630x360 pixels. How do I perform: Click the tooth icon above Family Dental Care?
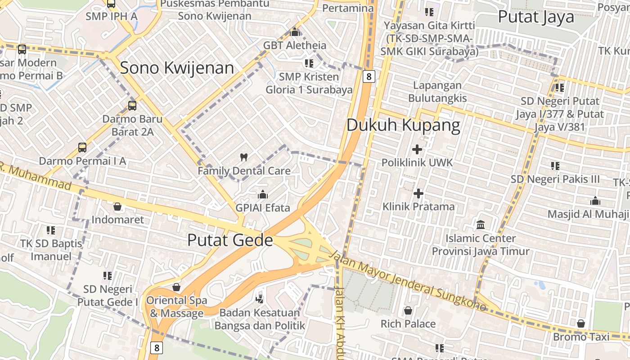pos(244,157)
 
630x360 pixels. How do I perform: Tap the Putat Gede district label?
pos(230,240)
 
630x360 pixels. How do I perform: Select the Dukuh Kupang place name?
pos(403,125)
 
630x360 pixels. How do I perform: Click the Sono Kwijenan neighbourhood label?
pos(177,68)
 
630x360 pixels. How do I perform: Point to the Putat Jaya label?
pos(536,17)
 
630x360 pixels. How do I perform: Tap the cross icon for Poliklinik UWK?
pos(417,149)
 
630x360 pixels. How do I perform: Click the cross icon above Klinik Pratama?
pos(418,193)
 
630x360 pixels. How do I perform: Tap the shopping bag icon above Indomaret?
pos(117,207)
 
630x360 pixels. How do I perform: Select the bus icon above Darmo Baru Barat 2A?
pos(132,106)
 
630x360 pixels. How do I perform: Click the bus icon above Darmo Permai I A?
pos(82,147)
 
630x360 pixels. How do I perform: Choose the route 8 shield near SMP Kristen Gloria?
pos(369,76)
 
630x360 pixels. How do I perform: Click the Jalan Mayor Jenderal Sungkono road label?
pos(408,281)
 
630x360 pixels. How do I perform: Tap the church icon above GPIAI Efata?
pos(263,194)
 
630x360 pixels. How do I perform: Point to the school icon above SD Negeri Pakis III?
pos(555,166)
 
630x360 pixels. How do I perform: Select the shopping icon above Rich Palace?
pos(408,310)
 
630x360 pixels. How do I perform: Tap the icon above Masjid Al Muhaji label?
pos(595,201)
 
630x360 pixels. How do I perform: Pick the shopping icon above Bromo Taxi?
pos(581,324)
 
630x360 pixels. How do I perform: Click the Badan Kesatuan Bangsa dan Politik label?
pos(260,319)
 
